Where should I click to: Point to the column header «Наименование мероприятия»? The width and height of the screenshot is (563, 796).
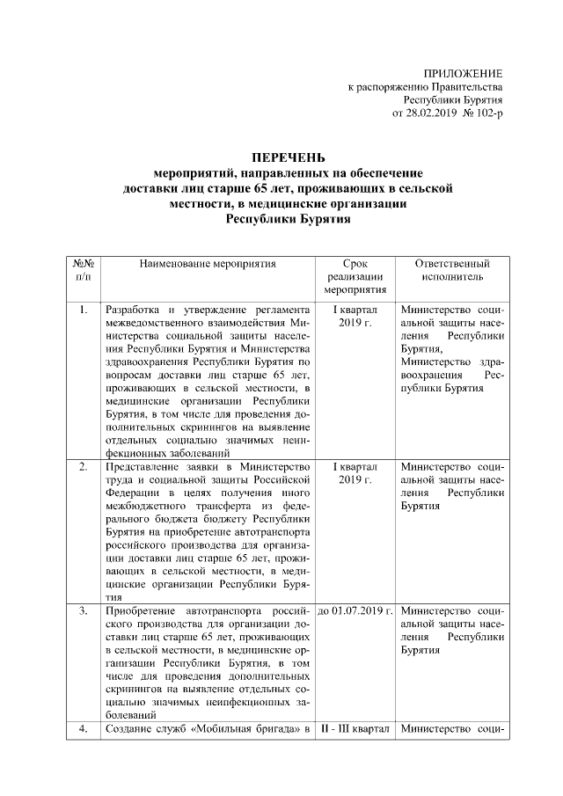(x=207, y=263)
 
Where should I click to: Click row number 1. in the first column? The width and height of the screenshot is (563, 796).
(x=83, y=310)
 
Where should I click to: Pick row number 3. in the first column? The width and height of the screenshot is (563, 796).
(x=83, y=610)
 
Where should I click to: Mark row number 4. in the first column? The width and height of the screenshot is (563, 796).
(x=83, y=729)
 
